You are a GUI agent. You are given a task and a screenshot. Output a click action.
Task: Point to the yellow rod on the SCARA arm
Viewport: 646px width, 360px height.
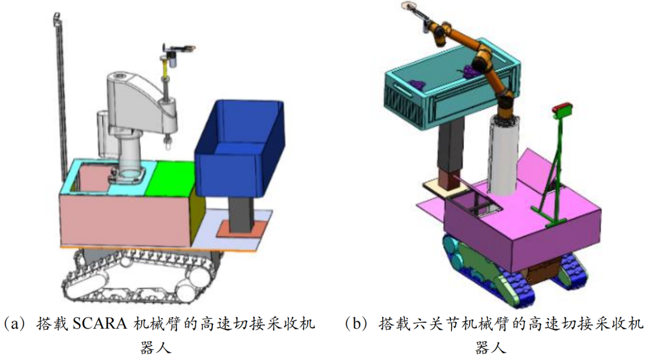point(166,75)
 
